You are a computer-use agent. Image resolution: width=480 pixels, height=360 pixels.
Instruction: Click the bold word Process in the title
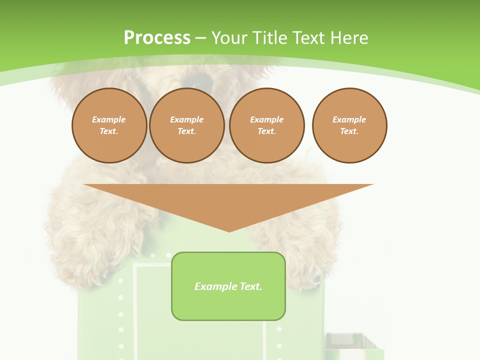click(x=157, y=37)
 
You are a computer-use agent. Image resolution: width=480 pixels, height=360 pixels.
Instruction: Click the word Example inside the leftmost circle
click(x=109, y=119)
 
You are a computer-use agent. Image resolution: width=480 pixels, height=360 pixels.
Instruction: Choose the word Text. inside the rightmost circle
click(x=349, y=131)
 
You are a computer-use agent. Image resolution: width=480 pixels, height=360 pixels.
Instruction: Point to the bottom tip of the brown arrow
click(x=229, y=231)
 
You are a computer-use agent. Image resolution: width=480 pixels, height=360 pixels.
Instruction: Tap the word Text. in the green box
click(x=251, y=286)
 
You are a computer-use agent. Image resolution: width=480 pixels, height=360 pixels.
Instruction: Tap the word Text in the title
click(x=308, y=37)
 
